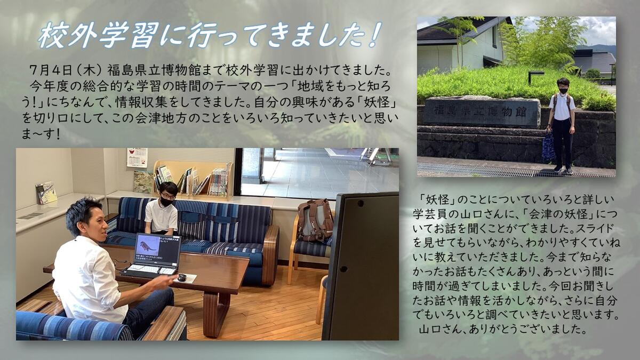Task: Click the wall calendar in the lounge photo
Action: (x=137, y=157)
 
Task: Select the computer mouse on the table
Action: (x=182, y=277)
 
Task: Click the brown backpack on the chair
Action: (x=315, y=220)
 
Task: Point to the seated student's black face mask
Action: (x=166, y=202)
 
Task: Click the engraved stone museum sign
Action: (x=482, y=111)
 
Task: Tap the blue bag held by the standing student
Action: (x=548, y=146)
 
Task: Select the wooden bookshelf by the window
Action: (x=193, y=179)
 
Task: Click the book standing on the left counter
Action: (x=46, y=193)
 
